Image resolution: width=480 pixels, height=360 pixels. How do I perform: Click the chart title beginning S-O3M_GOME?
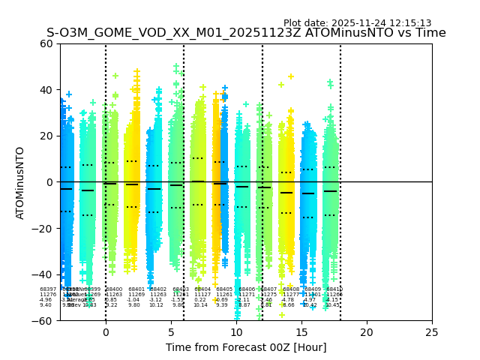tap(246, 33)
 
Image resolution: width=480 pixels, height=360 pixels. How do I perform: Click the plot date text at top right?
tap(357, 23)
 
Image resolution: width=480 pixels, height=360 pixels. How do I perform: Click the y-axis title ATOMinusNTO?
tap(20, 182)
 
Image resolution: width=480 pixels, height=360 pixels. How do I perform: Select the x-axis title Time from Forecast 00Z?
tap(246, 346)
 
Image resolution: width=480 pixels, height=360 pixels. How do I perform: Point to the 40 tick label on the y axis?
tap(46, 90)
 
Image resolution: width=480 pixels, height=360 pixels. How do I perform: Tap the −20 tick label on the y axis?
tap(43, 229)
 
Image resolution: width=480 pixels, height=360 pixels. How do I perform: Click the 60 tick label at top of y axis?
tap(46, 43)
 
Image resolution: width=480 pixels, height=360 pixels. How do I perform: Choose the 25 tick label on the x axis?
tap(432, 331)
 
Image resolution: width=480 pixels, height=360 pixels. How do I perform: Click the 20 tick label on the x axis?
tap(367, 331)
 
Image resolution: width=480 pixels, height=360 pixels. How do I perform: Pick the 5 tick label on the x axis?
tap(171, 331)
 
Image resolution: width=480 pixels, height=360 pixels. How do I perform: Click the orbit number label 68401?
tap(136, 289)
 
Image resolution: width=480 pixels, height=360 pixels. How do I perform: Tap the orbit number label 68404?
tap(202, 289)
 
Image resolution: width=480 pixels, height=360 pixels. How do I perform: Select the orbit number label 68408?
tap(290, 289)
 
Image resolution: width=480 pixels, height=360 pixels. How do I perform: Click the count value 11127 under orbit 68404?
tap(202, 295)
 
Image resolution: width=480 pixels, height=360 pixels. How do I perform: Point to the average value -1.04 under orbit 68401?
tap(133, 300)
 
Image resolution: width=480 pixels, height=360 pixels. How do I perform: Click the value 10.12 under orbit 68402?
tap(156, 305)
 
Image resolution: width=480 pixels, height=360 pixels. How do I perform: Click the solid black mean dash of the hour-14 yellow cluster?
tap(286, 193)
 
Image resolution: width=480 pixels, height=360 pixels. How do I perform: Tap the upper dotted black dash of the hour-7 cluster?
tap(197, 157)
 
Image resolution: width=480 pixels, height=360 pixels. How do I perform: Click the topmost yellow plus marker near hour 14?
tap(291, 76)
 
